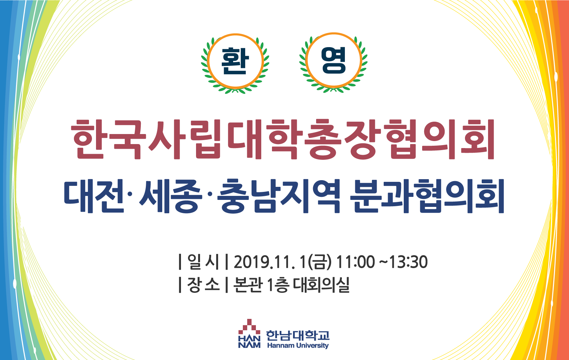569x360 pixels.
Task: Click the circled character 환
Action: point(235,61)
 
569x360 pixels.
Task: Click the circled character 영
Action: point(333,60)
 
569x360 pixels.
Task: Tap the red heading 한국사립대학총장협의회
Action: point(283,139)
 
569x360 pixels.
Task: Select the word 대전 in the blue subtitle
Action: point(94,196)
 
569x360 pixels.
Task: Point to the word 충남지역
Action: point(278,196)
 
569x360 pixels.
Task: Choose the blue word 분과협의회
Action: point(427,196)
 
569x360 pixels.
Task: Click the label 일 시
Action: point(203,261)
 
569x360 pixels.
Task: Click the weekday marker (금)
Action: point(320,262)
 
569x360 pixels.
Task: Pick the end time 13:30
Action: point(408,262)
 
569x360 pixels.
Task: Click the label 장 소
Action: point(203,284)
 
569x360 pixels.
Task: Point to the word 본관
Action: point(248,284)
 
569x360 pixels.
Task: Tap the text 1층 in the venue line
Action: point(278,285)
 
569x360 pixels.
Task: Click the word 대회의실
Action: point(321,284)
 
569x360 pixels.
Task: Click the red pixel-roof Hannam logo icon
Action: point(249,327)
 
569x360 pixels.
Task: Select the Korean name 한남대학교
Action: point(298,336)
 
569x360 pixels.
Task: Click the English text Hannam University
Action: point(298,346)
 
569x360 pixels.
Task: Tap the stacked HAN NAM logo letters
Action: point(249,342)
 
